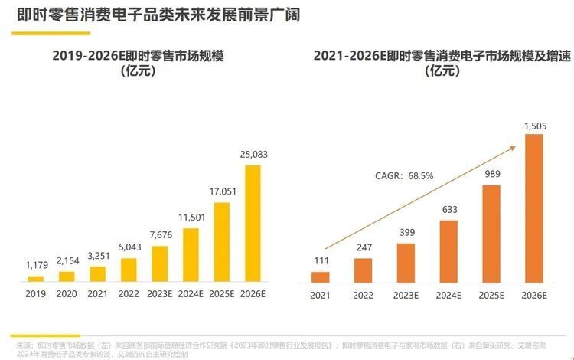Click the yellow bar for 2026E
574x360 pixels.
point(252,224)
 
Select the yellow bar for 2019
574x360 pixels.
point(36,279)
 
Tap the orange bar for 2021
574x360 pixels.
point(321,277)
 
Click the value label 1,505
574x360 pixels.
point(534,124)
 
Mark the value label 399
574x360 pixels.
point(406,233)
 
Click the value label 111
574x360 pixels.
point(321,262)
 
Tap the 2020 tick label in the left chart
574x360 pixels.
point(67,293)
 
